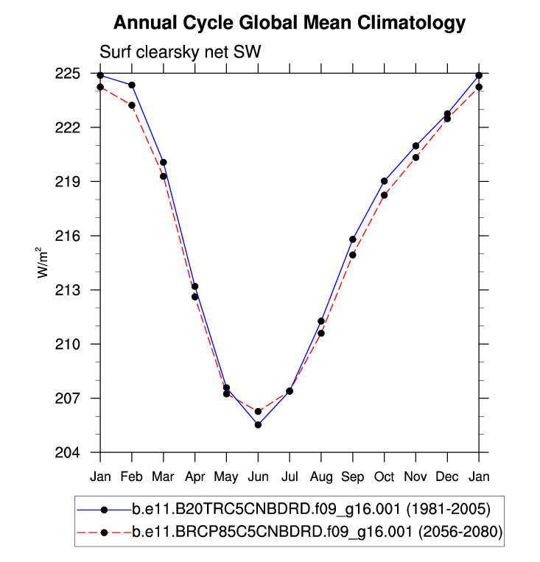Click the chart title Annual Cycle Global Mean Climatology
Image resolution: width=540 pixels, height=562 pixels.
[x=290, y=23]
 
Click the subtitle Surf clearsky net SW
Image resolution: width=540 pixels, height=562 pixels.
[x=180, y=52]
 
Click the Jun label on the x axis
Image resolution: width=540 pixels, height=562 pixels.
[x=258, y=477]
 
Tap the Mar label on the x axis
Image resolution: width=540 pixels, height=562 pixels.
[x=163, y=477]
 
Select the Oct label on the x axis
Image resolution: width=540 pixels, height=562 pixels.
[x=385, y=477]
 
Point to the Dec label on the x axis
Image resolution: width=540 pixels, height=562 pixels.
[x=447, y=477]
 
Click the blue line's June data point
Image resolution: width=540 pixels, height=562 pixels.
[x=258, y=424]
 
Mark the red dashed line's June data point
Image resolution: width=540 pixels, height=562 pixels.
[x=258, y=411]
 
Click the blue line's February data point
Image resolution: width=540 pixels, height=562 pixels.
[x=132, y=85]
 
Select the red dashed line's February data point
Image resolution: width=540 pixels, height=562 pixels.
[x=132, y=105]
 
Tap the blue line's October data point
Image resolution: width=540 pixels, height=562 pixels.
[x=385, y=180]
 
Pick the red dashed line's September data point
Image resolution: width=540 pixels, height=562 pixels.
[x=353, y=255]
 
